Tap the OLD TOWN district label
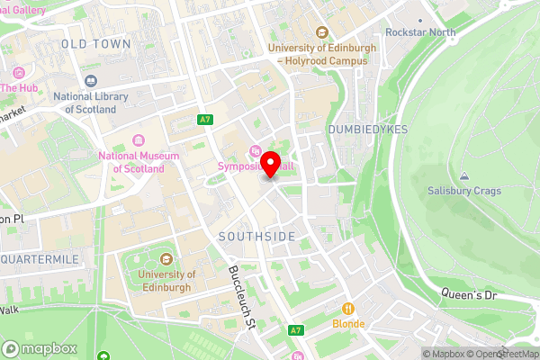click(x=95, y=43)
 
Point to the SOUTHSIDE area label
click(x=256, y=236)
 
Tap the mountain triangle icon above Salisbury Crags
click(x=463, y=175)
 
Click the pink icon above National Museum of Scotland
click(x=138, y=139)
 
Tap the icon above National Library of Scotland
click(x=90, y=81)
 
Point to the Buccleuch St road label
click(x=243, y=288)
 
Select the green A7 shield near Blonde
click(x=295, y=330)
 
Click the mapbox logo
click(x=40, y=348)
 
